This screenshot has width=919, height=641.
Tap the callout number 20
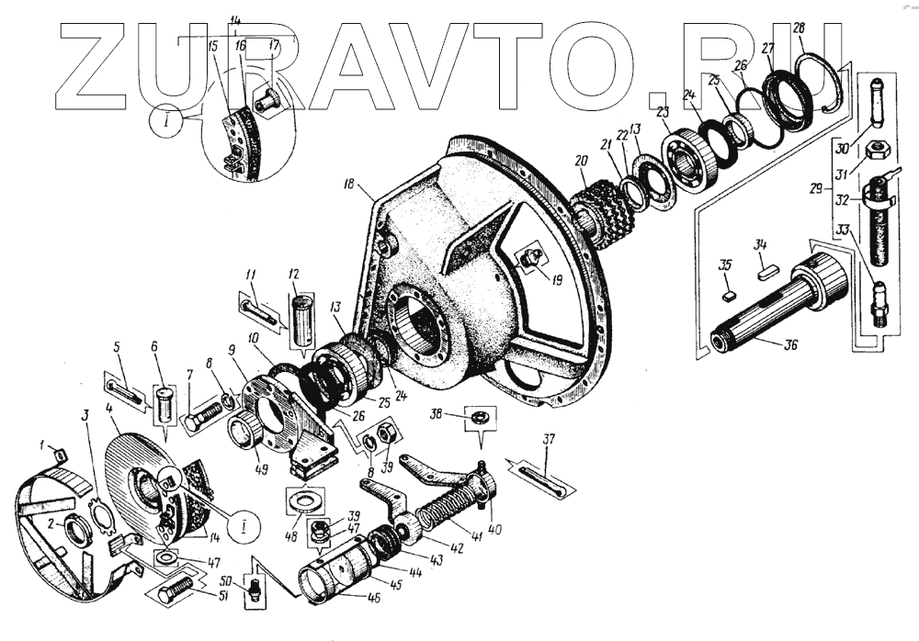click(x=579, y=161)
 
